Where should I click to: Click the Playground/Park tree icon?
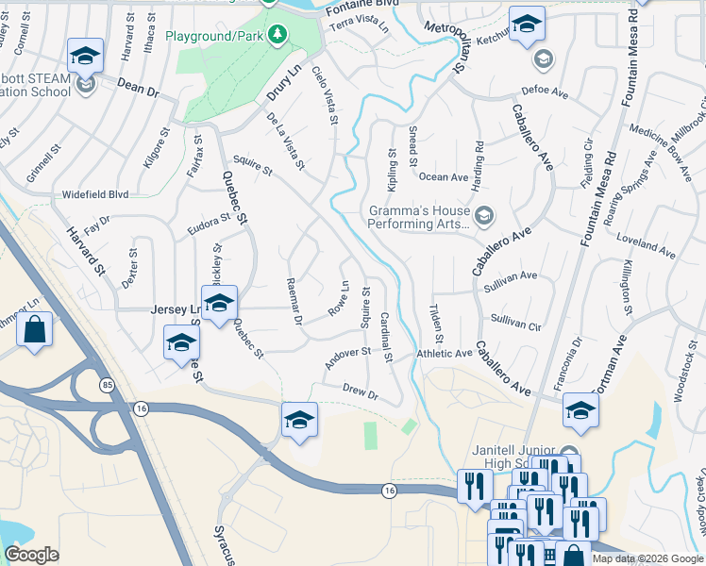click(277, 35)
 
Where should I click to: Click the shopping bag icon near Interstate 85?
click(35, 330)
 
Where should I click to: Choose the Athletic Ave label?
click(444, 354)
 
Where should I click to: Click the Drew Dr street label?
click(360, 392)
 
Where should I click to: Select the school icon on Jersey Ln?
click(219, 303)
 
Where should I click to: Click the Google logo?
click(31, 555)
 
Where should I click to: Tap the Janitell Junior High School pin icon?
click(568, 452)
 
